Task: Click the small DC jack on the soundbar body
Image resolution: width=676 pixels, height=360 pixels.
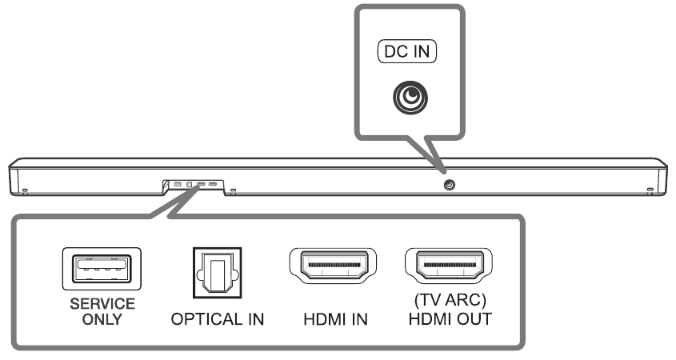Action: tap(448, 185)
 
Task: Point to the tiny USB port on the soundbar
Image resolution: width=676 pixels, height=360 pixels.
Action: tap(178, 185)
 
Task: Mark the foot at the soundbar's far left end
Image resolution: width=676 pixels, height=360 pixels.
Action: tap(25, 190)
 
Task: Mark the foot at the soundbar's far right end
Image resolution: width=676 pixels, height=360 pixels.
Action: tap(649, 190)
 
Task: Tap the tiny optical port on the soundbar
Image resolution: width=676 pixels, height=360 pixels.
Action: tap(189, 185)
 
